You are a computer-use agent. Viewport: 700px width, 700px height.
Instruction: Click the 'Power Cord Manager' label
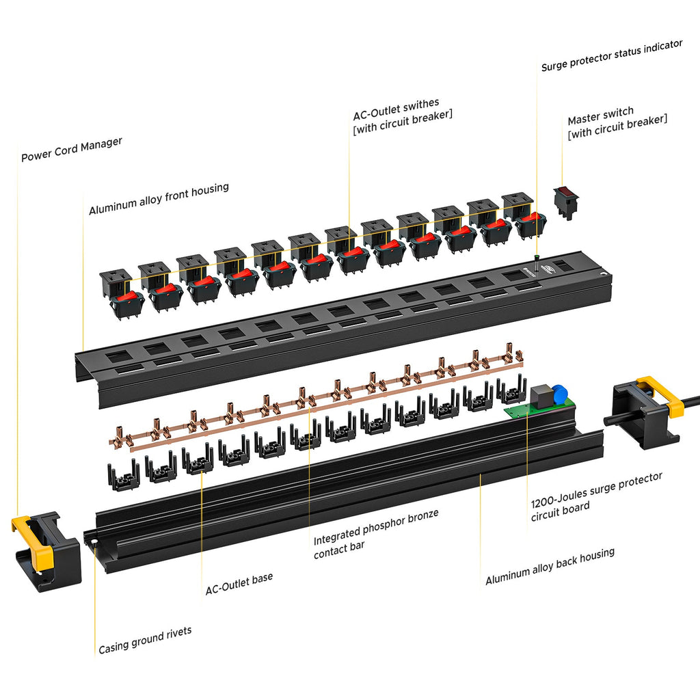pos(72,150)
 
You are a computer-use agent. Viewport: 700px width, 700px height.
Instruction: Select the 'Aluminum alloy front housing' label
pos(159,198)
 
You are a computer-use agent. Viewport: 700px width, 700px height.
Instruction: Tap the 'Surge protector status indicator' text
pos(611,55)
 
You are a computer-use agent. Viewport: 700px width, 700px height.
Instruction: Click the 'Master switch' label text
pos(600,111)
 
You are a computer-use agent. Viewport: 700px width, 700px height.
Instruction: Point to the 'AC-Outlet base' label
pos(239,582)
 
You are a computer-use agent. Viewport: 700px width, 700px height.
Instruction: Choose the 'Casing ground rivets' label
pos(145,640)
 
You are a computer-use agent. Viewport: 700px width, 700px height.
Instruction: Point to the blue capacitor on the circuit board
pos(559,393)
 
